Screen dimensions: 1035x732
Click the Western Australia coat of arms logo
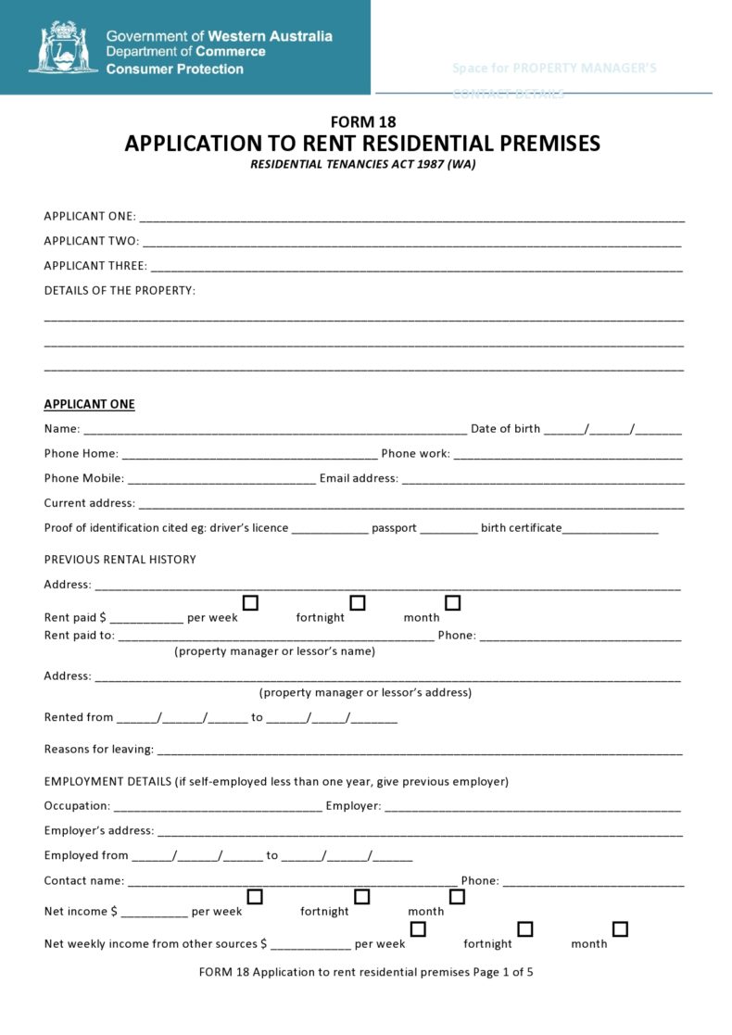click(x=63, y=48)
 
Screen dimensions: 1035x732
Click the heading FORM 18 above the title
click(x=363, y=121)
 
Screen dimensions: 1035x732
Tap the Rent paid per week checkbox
click(x=250, y=603)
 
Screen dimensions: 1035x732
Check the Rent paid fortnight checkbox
click(x=358, y=603)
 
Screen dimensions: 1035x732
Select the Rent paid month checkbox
click(x=453, y=603)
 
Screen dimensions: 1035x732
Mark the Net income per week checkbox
click(x=255, y=897)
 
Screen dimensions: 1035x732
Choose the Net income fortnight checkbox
click(x=362, y=897)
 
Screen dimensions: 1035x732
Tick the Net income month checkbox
click(x=457, y=897)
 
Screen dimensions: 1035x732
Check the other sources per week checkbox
click(x=418, y=929)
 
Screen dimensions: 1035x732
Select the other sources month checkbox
click(x=620, y=929)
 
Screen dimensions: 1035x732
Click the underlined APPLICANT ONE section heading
click(x=89, y=404)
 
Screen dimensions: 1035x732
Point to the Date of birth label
click(x=505, y=429)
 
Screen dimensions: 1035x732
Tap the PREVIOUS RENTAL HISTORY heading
click(x=120, y=560)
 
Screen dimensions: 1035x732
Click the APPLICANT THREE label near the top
click(x=95, y=266)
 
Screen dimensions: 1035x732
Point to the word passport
click(x=394, y=528)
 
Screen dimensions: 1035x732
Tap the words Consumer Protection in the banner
click(x=175, y=69)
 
